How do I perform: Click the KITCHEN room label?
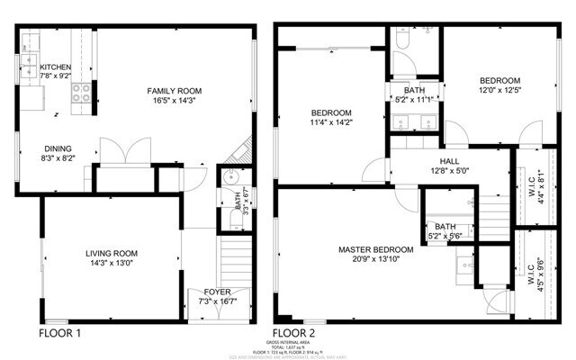coord(56,67)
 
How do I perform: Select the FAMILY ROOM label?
coord(175,91)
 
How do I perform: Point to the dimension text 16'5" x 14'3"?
coord(175,102)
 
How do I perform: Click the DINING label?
coord(58,149)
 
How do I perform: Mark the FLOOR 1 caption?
coord(61,332)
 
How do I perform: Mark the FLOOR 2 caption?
coord(297,332)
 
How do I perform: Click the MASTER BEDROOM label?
coord(376,249)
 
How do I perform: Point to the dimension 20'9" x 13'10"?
coord(376,260)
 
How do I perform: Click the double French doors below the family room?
coord(123,151)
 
